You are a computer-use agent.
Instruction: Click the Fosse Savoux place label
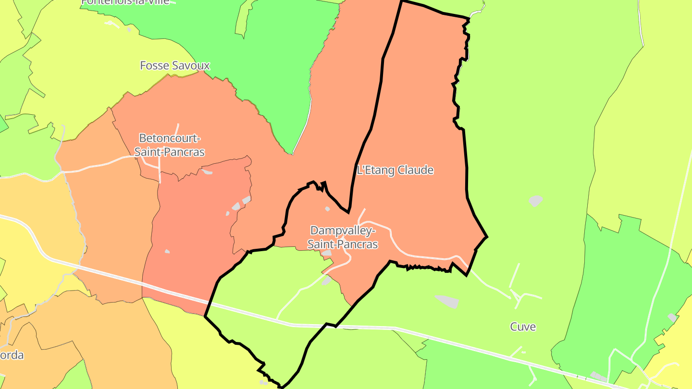[x=175, y=65]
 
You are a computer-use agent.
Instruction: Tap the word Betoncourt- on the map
[x=169, y=138]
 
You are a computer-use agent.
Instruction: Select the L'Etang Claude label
[x=395, y=170]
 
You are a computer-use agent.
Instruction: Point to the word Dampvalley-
[x=342, y=231]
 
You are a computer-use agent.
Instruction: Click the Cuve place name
[x=523, y=327]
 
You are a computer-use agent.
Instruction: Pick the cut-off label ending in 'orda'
[x=12, y=356]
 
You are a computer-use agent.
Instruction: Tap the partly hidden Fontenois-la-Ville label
[x=126, y=1]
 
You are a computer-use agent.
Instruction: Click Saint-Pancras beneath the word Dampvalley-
[x=342, y=244]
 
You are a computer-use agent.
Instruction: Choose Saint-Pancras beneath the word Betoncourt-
[x=169, y=152]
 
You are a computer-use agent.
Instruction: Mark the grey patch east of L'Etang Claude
[x=536, y=200]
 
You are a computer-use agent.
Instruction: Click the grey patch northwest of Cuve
[x=447, y=302]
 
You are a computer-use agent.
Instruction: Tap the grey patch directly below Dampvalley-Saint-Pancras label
[x=327, y=253]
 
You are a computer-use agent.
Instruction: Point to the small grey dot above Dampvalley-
[x=327, y=208]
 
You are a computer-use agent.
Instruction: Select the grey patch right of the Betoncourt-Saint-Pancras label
[x=207, y=171]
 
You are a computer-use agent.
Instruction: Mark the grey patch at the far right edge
[x=672, y=317]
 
